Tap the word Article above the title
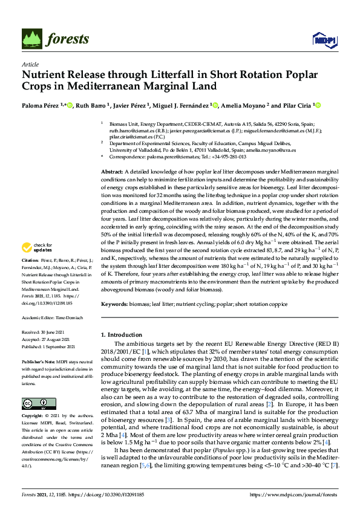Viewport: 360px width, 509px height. click(x=30, y=64)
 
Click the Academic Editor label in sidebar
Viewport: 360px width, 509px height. click(x=38, y=317)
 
